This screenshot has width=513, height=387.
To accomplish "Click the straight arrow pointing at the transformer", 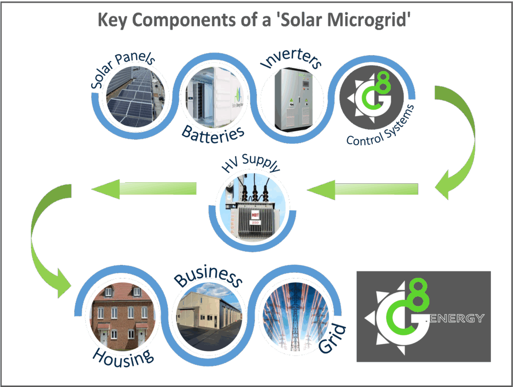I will (x=363, y=189).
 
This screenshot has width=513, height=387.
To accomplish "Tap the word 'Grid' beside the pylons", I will (x=333, y=340).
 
